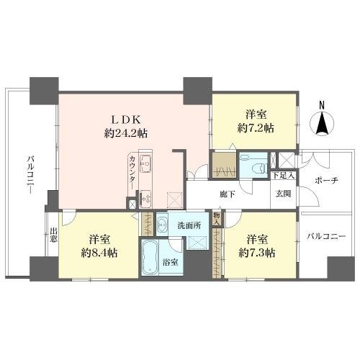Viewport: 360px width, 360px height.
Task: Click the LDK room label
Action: [x=126, y=120]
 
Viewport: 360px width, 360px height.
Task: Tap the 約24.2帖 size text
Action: [x=126, y=133]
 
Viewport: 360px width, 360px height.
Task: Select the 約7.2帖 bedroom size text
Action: [x=256, y=128]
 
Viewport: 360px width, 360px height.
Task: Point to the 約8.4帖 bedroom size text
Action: [x=99, y=253]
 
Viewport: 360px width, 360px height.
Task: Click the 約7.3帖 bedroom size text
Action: [x=257, y=253]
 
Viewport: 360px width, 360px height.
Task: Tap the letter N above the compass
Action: [x=322, y=105]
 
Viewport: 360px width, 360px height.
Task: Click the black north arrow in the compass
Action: [x=322, y=123]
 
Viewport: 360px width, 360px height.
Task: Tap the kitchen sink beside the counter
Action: [x=145, y=163]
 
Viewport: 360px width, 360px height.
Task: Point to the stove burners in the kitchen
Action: [x=145, y=199]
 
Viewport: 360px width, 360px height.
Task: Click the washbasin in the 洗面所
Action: [x=162, y=224]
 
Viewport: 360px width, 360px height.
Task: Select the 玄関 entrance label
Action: [x=283, y=194]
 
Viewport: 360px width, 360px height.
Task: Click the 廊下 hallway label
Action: [x=228, y=194]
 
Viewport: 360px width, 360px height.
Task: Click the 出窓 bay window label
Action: [x=53, y=235]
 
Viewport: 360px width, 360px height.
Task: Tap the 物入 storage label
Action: [x=217, y=219]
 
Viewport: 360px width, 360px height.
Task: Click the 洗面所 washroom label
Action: [x=189, y=226]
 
